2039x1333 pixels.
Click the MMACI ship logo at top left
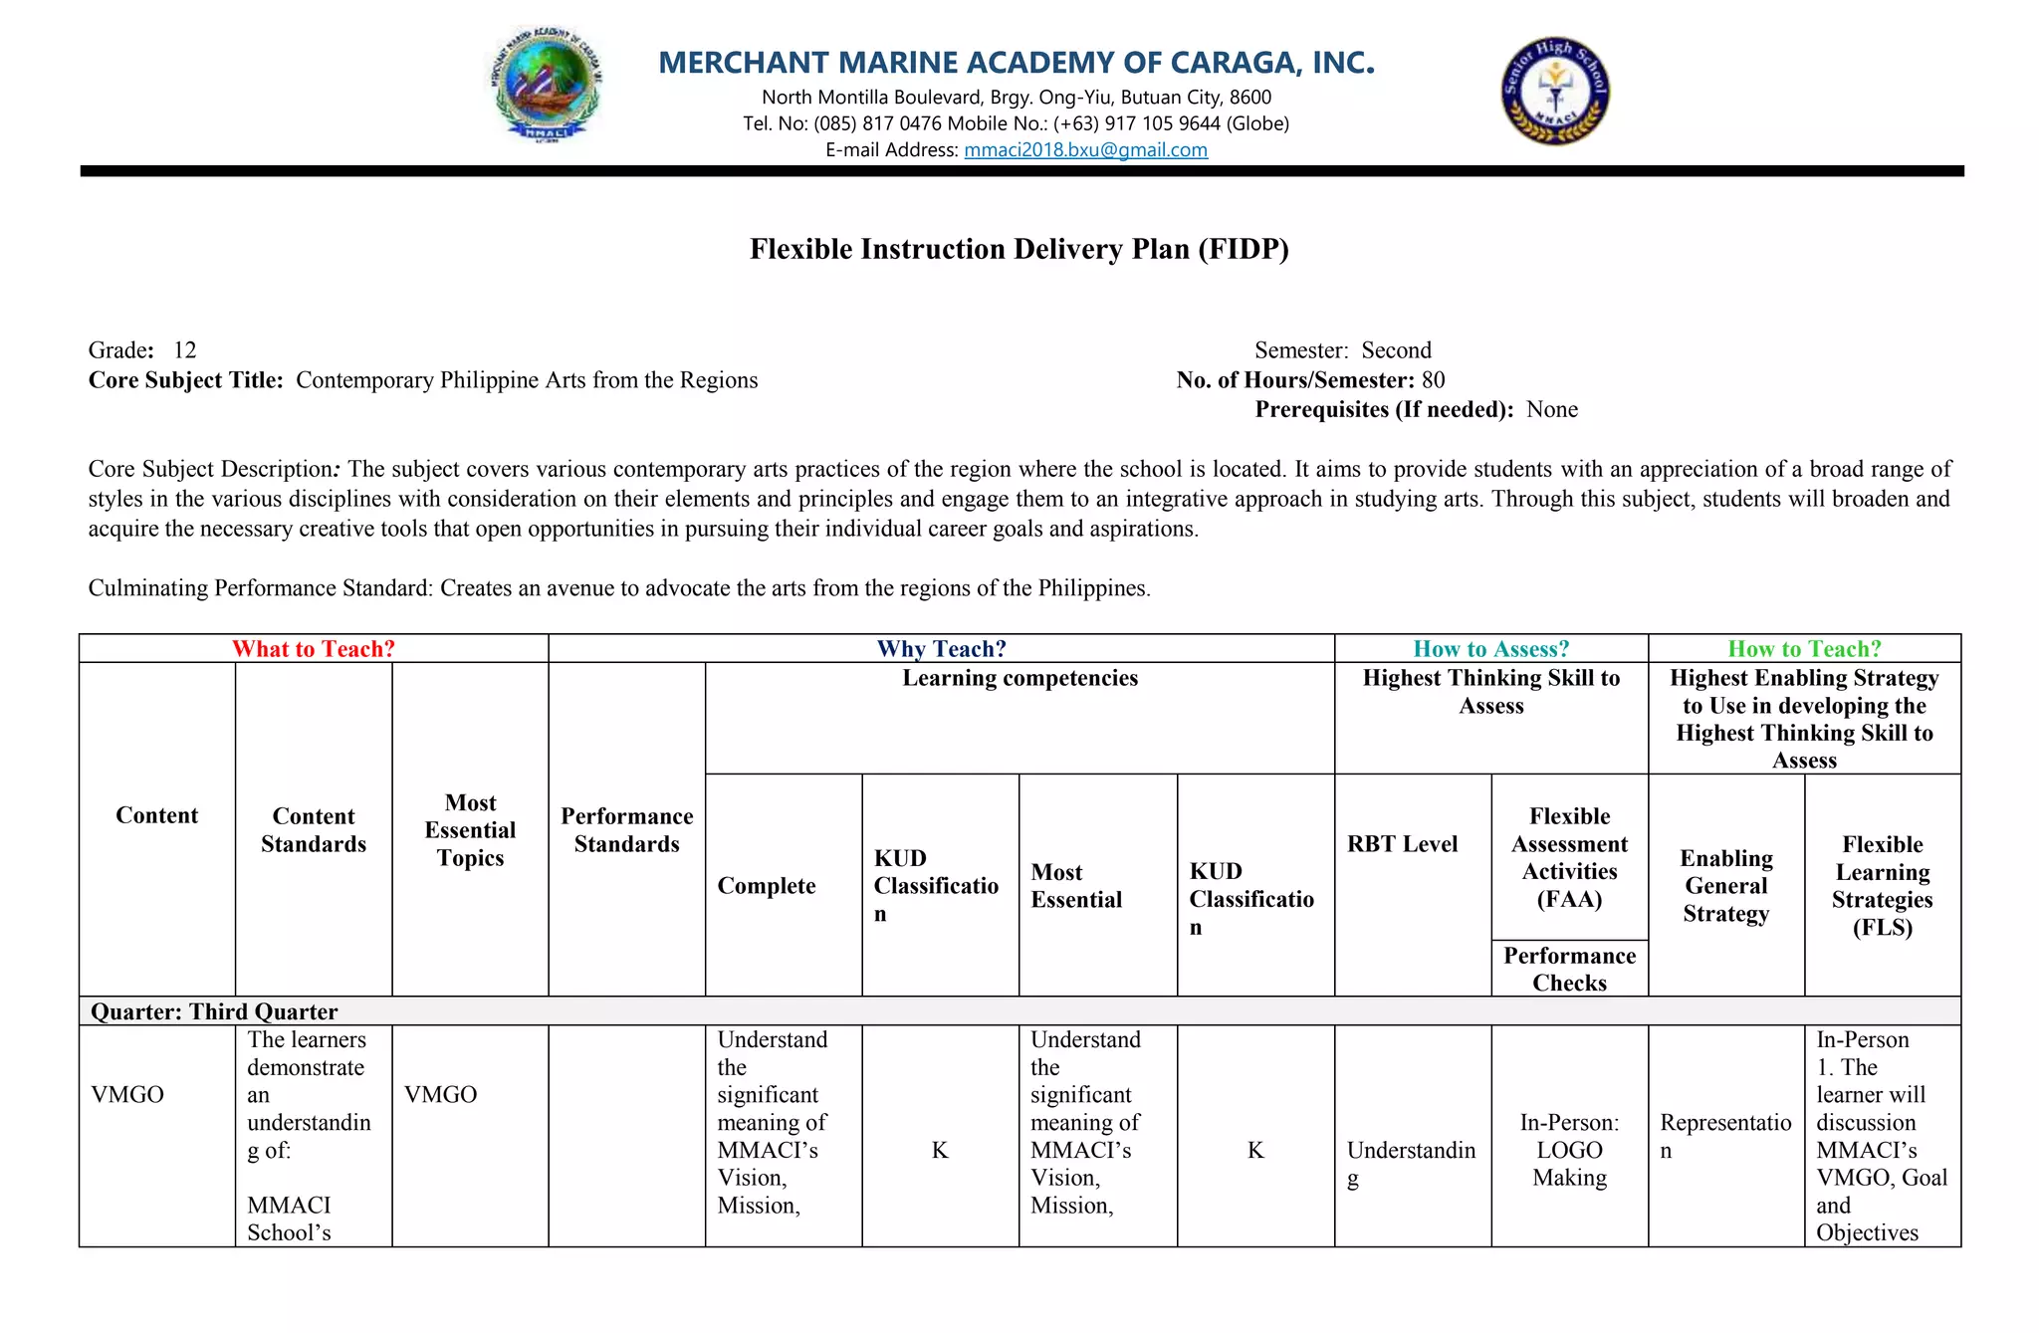coord(547,86)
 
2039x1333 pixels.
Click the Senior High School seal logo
coord(1555,92)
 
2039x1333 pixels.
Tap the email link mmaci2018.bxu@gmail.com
coord(1085,150)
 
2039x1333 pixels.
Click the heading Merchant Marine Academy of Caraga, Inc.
coord(1017,63)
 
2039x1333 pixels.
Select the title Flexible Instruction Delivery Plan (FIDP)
coord(1019,249)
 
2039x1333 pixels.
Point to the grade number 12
coord(185,350)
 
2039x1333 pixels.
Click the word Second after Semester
coord(1396,350)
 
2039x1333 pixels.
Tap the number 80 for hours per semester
coord(1434,380)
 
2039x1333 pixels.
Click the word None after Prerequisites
coord(1552,410)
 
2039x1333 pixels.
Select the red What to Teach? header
coord(314,649)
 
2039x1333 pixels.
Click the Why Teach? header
coord(941,649)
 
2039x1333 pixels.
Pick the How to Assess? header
coord(1490,649)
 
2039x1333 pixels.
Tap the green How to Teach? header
coord(1804,649)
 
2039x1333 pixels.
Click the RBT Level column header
coord(1402,844)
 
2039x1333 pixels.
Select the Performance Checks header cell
coord(1569,969)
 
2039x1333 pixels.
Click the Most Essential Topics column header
coord(470,830)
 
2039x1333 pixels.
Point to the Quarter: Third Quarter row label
coord(214,1011)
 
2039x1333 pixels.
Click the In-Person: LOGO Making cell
coord(1569,1150)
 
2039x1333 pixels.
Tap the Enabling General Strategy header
coord(1725,886)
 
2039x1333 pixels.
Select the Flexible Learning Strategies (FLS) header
coord(1882,886)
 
